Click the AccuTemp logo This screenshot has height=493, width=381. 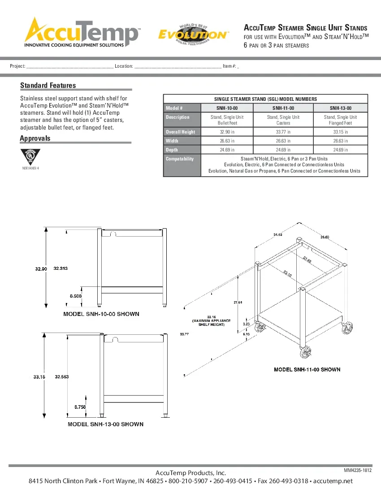[82, 32]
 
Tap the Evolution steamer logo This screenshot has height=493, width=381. [193, 34]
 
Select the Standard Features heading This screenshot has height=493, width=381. [48, 85]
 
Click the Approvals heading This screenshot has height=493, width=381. [35, 138]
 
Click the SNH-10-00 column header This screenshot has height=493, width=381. [227, 108]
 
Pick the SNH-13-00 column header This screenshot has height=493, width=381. [340, 108]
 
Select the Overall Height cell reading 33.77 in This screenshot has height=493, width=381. [283, 132]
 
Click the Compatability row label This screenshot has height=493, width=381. [180, 159]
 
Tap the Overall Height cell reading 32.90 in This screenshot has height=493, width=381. [227, 132]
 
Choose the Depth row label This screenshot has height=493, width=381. [172, 150]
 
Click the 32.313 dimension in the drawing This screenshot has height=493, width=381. [61, 268]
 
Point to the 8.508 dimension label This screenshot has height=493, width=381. [75, 296]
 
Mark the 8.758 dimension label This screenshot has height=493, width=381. [80, 407]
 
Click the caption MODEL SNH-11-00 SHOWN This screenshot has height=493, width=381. [307, 370]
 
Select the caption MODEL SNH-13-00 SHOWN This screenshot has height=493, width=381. [105, 424]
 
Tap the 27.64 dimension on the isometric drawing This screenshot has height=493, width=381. [238, 303]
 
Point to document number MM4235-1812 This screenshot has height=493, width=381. [358, 470]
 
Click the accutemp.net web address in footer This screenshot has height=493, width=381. [333, 481]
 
